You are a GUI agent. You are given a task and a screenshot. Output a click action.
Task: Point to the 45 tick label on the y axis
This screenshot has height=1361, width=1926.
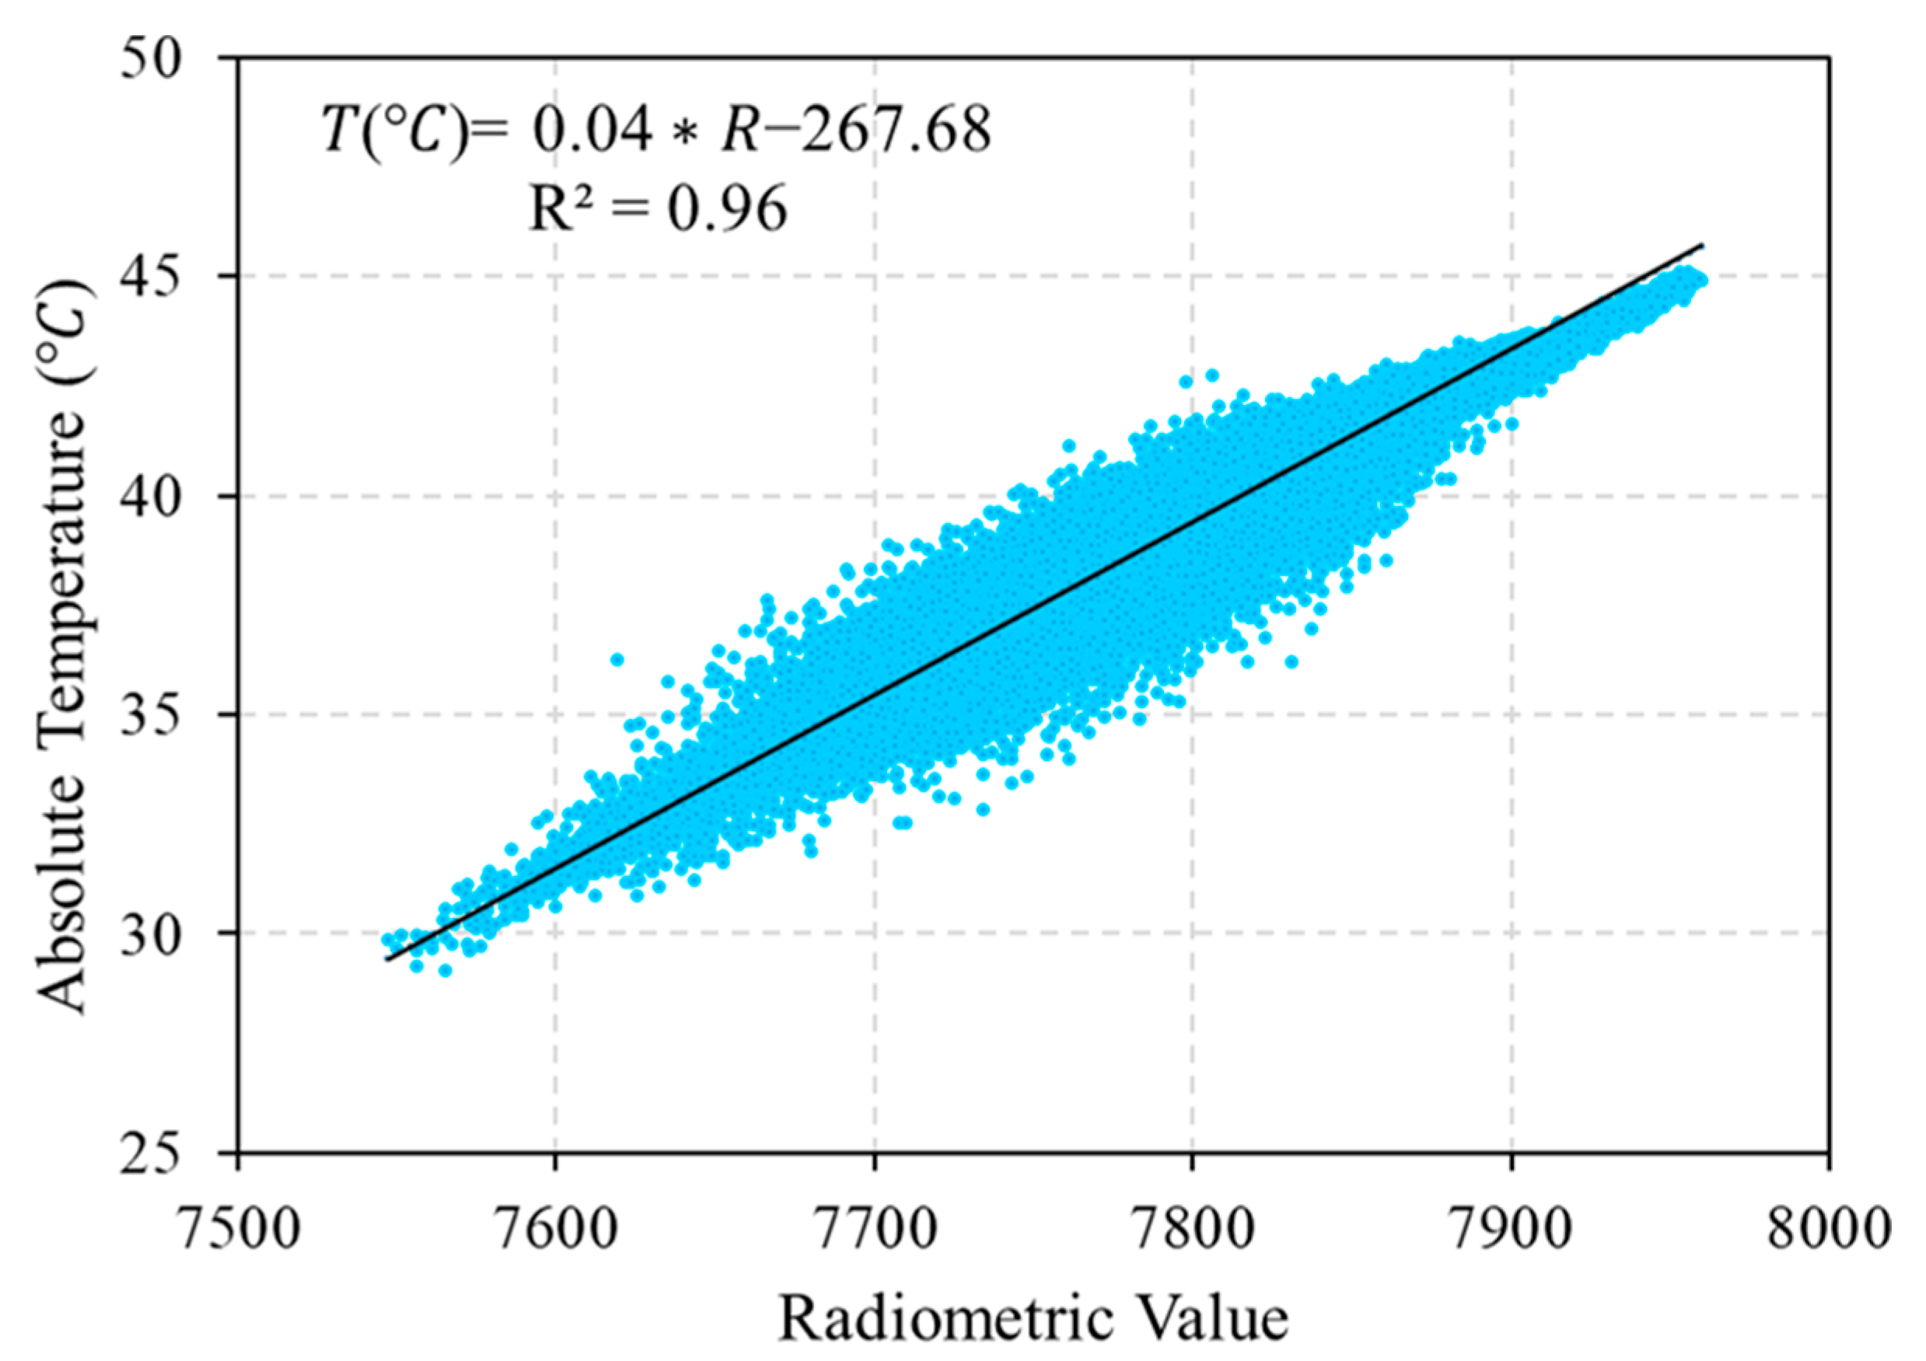pyautogui.click(x=151, y=277)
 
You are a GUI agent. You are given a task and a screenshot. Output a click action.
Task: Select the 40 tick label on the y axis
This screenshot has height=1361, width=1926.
pyautogui.click(x=151, y=497)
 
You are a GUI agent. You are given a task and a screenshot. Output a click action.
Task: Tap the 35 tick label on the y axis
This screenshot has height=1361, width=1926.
pyautogui.click(x=151, y=715)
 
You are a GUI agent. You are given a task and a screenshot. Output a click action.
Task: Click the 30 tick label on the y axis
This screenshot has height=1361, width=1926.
pyautogui.click(x=151, y=934)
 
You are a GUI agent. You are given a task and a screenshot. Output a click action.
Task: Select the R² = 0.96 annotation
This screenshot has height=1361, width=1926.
pyautogui.click(x=659, y=208)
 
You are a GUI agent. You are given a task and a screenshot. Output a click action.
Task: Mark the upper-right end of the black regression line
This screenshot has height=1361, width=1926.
pyautogui.click(x=1702, y=246)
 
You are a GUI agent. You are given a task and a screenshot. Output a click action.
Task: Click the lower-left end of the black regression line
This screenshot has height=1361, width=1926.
pyautogui.click(x=386, y=959)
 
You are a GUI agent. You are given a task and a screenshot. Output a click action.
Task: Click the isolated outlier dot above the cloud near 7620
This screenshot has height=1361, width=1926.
pyautogui.click(x=617, y=660)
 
